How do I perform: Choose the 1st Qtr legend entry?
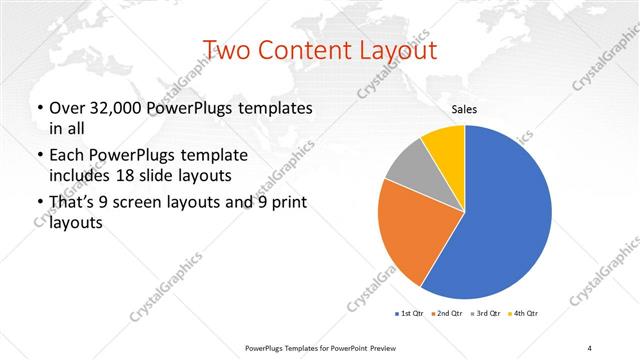pos(409,314)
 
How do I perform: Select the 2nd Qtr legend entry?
pos(447,314)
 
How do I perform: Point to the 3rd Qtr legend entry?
pos(485,314)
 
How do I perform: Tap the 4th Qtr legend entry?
pos(523,314)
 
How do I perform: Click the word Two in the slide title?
pos(227,50)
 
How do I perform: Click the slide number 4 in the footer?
pos(590,347)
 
